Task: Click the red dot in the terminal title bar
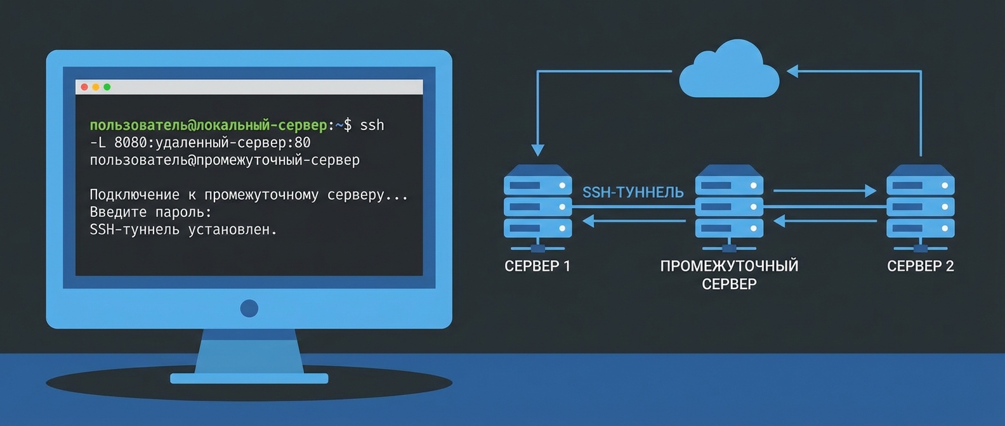click(x=84, y=87)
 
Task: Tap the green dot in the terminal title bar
click(x=107, y=87)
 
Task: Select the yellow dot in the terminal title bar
click(x=96, y=87)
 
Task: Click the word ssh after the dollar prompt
click(x=372, y=126)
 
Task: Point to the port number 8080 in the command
click(x=131, y=143)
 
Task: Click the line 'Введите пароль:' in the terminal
click(x=150, y=212)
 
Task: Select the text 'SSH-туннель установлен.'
click(x=183, y=229)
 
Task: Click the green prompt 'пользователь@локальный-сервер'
click(x=208, y=126)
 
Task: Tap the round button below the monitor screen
click(x=249, y=309)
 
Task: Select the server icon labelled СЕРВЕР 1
click(x=537, y=206)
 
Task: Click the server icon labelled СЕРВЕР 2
click(x=920, y=206)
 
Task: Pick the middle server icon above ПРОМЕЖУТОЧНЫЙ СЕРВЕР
click(x=729, y=206)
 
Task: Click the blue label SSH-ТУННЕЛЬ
click(x=633, y=192)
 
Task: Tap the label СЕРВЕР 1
click(x=537, y=266)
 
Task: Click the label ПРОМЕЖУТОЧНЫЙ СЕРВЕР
click(x=729, y=274)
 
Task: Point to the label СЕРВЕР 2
click(x=920, y=266)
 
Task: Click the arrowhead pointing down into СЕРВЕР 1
click(x=537, y=150)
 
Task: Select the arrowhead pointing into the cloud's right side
click(x=792, y=71)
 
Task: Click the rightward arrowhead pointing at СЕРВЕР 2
click(x=870, y=190)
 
